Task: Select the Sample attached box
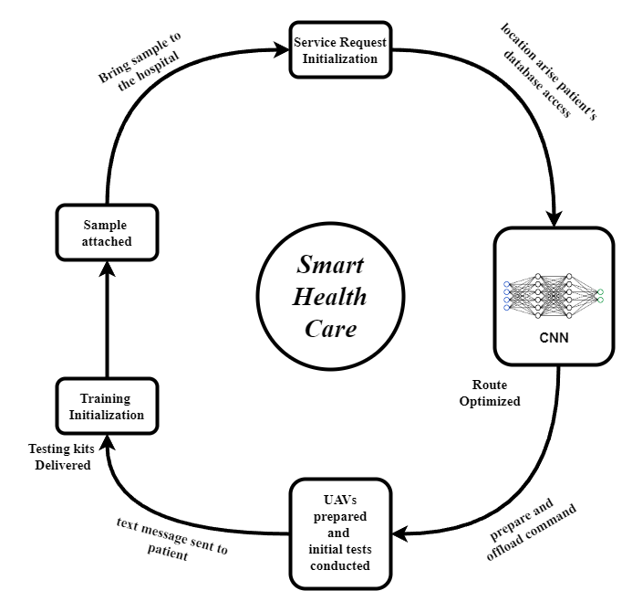pos(108,233)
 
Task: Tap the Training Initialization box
pos(107,406)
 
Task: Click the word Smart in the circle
pos(330,265)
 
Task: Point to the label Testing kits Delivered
pos(59,457)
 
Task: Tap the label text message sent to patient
pos(173,540)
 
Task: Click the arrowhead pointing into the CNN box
pos(554,219)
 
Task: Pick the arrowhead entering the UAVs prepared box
pos(399,533)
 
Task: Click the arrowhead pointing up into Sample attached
pos(108,269)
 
